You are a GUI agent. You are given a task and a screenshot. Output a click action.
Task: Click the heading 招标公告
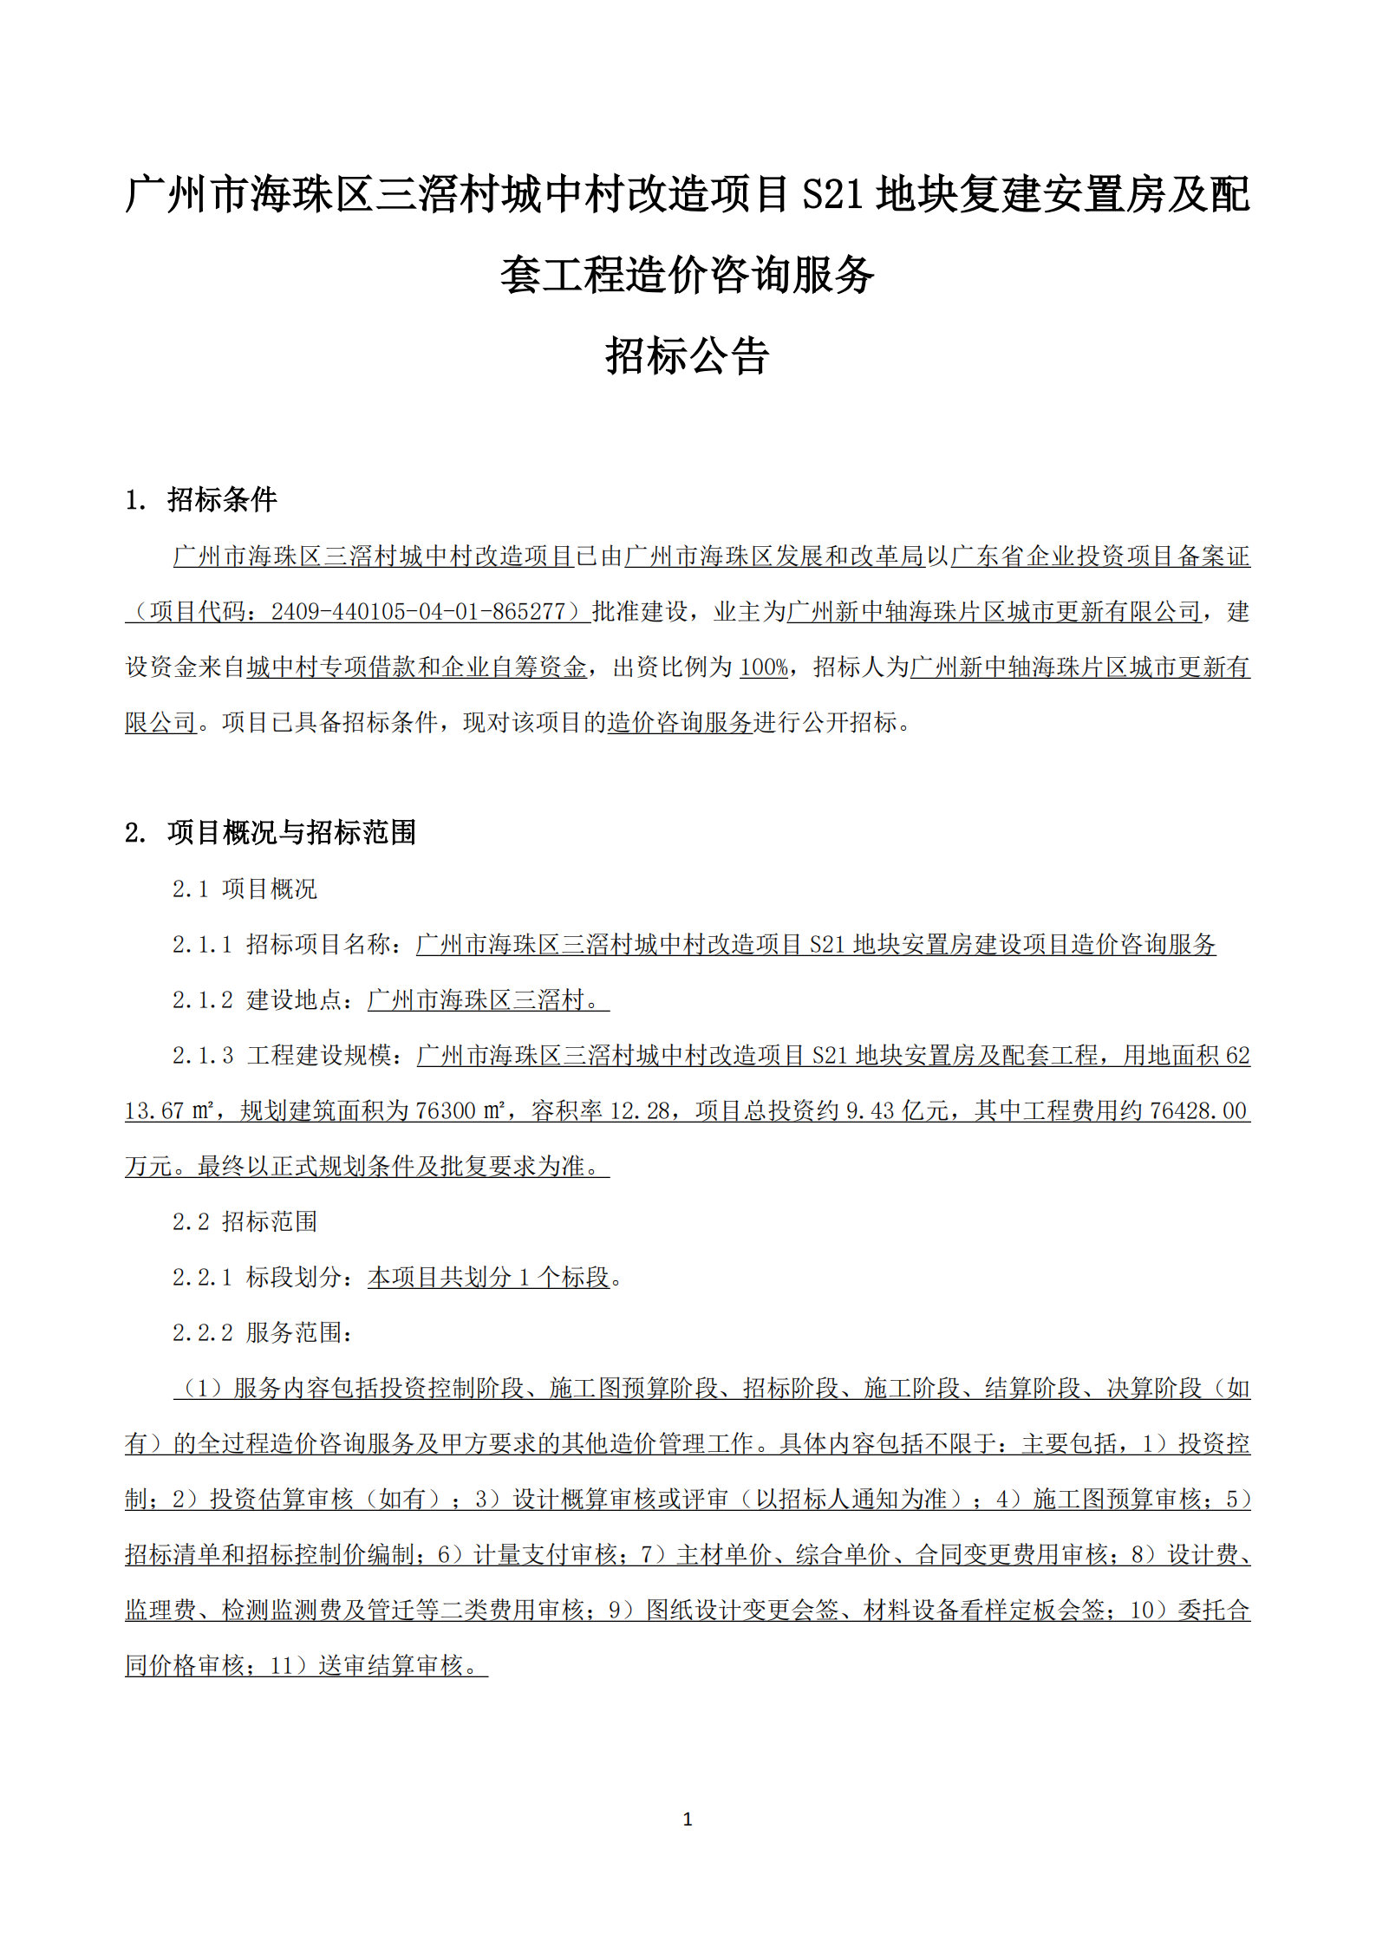(687, 355)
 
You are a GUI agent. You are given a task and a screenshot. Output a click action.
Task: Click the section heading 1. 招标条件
(201, 499)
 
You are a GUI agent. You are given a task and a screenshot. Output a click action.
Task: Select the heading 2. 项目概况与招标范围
(271, 832)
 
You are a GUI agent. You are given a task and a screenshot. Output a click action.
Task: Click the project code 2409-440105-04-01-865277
(418, 612)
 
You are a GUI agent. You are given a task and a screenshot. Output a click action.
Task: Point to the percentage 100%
(763, 667)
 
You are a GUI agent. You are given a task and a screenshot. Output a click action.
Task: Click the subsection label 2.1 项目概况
(245, 888)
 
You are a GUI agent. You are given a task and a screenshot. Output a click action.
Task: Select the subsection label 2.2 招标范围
(245, 1221)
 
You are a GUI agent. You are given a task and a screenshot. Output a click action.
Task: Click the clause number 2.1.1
(202, 944)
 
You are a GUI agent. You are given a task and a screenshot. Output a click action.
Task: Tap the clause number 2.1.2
(202, 999)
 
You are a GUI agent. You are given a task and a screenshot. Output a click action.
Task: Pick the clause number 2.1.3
(202, 1055)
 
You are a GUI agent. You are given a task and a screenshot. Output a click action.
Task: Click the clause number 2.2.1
(202, 1277)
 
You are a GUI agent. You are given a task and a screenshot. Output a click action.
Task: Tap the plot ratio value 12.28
(640, 1110)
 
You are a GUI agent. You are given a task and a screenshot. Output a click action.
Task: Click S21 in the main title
(833, 194)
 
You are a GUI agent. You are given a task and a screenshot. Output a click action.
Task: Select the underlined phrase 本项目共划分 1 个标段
(488, 1277)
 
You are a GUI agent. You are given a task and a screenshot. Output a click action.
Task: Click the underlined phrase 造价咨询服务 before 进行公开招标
(679, 723)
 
